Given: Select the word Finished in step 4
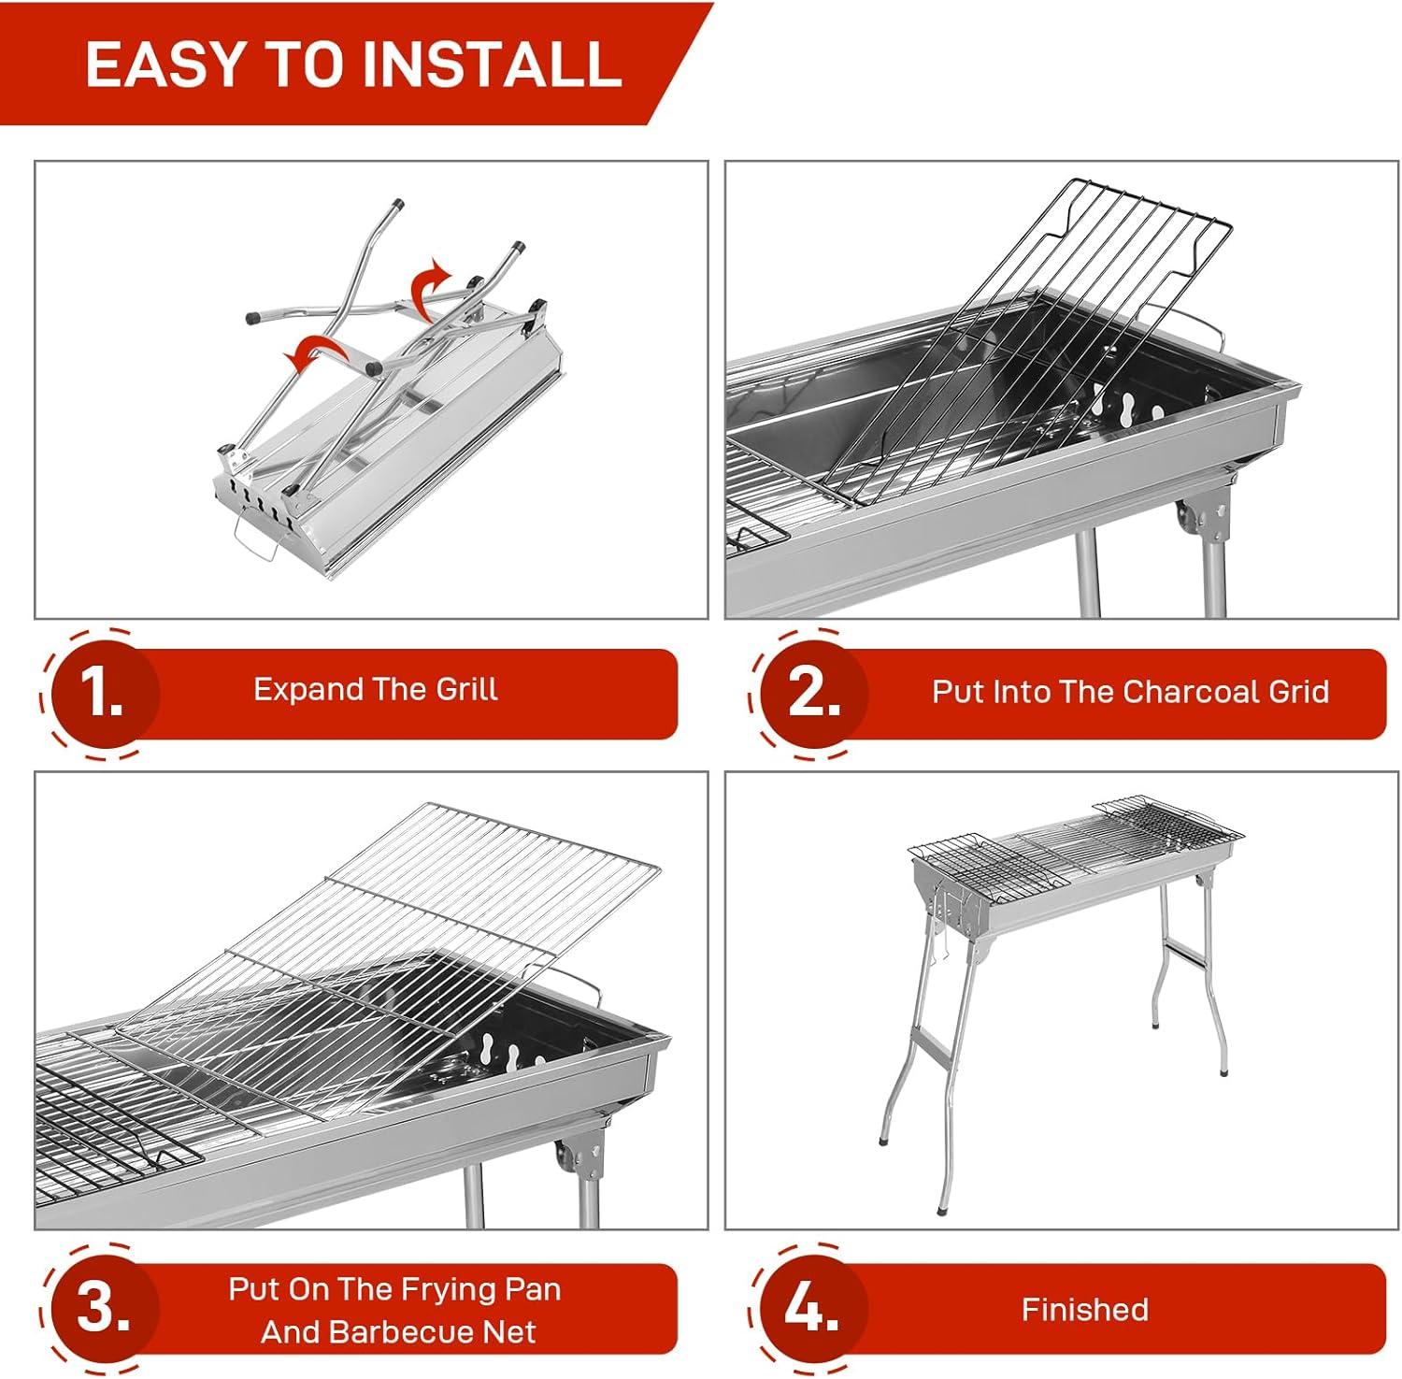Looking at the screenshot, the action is click(x=1084, y=1309).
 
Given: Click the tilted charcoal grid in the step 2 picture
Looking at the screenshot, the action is click(x=1028, y=346).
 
